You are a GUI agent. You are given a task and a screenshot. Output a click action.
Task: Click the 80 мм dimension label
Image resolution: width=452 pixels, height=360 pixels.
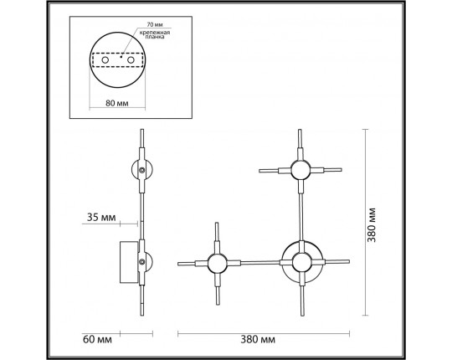pyautogui.click(x=117, y=103)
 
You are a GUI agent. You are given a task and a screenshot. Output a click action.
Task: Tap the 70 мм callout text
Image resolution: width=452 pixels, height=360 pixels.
pyautogui.click(x=155, y=25)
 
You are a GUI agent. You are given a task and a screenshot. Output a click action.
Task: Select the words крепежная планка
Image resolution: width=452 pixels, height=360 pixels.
pyautogui.click(x=155, y=34)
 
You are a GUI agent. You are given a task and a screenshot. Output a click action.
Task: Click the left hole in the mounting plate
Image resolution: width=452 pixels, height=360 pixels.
pyautogui.click(x=105, y=60)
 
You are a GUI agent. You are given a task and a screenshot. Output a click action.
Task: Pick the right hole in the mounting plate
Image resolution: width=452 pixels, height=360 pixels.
pyautogui.click(x=131, y=60)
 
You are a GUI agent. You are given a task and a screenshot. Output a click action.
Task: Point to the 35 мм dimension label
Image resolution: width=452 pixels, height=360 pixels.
pyautogui.click(x=101, y=218)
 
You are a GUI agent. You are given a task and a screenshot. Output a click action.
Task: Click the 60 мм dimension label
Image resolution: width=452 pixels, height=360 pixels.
pyautogui.click(x=97, y=339)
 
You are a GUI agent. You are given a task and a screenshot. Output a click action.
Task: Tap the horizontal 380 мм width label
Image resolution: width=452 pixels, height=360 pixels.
pyautogui.click(x=258, y=340)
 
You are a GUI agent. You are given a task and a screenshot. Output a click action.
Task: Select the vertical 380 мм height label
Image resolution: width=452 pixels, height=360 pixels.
pyautogui.click(x=372, y=225)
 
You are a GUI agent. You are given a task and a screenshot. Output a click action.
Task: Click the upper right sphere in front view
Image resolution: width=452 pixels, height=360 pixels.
pyautogui.click(x=300, y=170)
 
